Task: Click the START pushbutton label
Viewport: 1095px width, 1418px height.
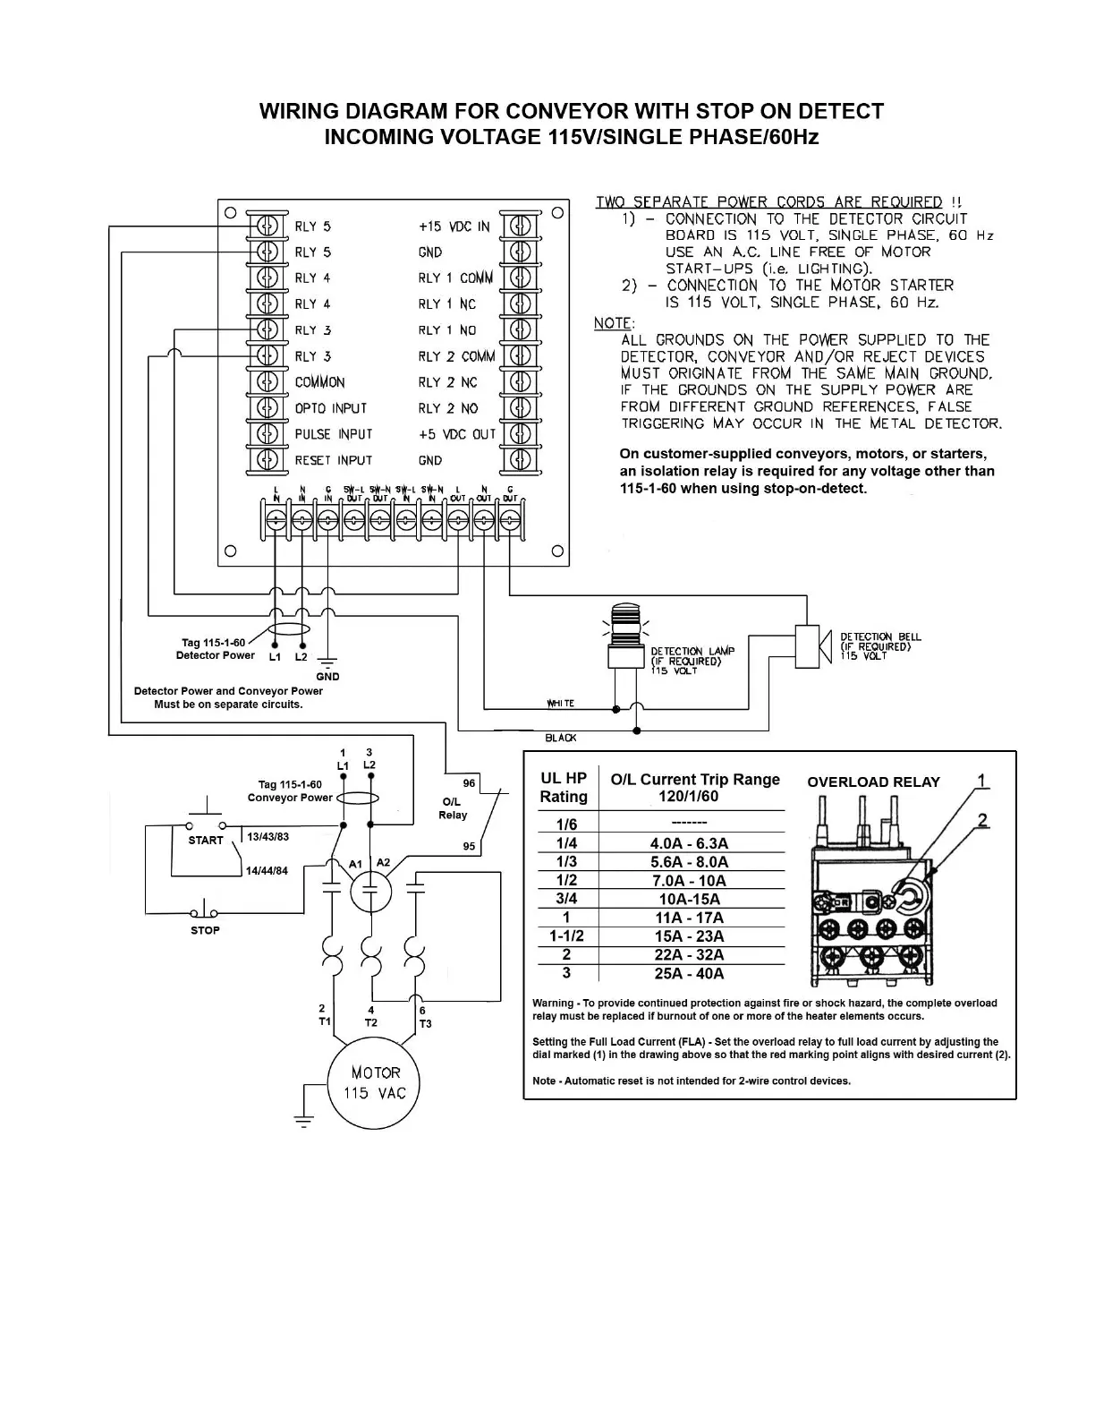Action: (x=206, y=841)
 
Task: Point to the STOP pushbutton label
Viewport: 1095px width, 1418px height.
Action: (x=205, y=930)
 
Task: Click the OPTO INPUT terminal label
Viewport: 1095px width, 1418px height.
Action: (x=331, y=408)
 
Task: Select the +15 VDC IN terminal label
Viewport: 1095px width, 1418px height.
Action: (x=454, y=226)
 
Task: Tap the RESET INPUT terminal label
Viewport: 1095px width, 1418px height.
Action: (x=333, y=460)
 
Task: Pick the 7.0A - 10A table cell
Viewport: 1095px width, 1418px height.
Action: (x=689, y=880)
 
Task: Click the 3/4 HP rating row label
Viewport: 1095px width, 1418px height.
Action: (x=566, y=899)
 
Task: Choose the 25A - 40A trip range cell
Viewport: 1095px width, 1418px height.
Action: (x=689, y=973)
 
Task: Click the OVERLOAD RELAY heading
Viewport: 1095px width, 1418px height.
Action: (x=873, y=782)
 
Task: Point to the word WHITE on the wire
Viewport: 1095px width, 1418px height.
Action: (x=561, y=704)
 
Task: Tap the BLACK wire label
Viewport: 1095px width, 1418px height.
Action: (x=561, y=738)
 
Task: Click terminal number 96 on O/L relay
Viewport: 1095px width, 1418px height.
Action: (x=469, y=783)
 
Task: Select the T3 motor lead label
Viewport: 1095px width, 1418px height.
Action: (x=425, y=1023)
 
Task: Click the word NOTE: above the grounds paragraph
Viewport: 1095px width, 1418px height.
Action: (x=614, y=323)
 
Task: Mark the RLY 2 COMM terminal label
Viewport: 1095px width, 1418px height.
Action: (x=456, y=356)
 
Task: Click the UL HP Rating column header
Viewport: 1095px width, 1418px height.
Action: (x=564, y=788)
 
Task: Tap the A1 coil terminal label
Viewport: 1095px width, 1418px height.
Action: (x=355, y=864)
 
